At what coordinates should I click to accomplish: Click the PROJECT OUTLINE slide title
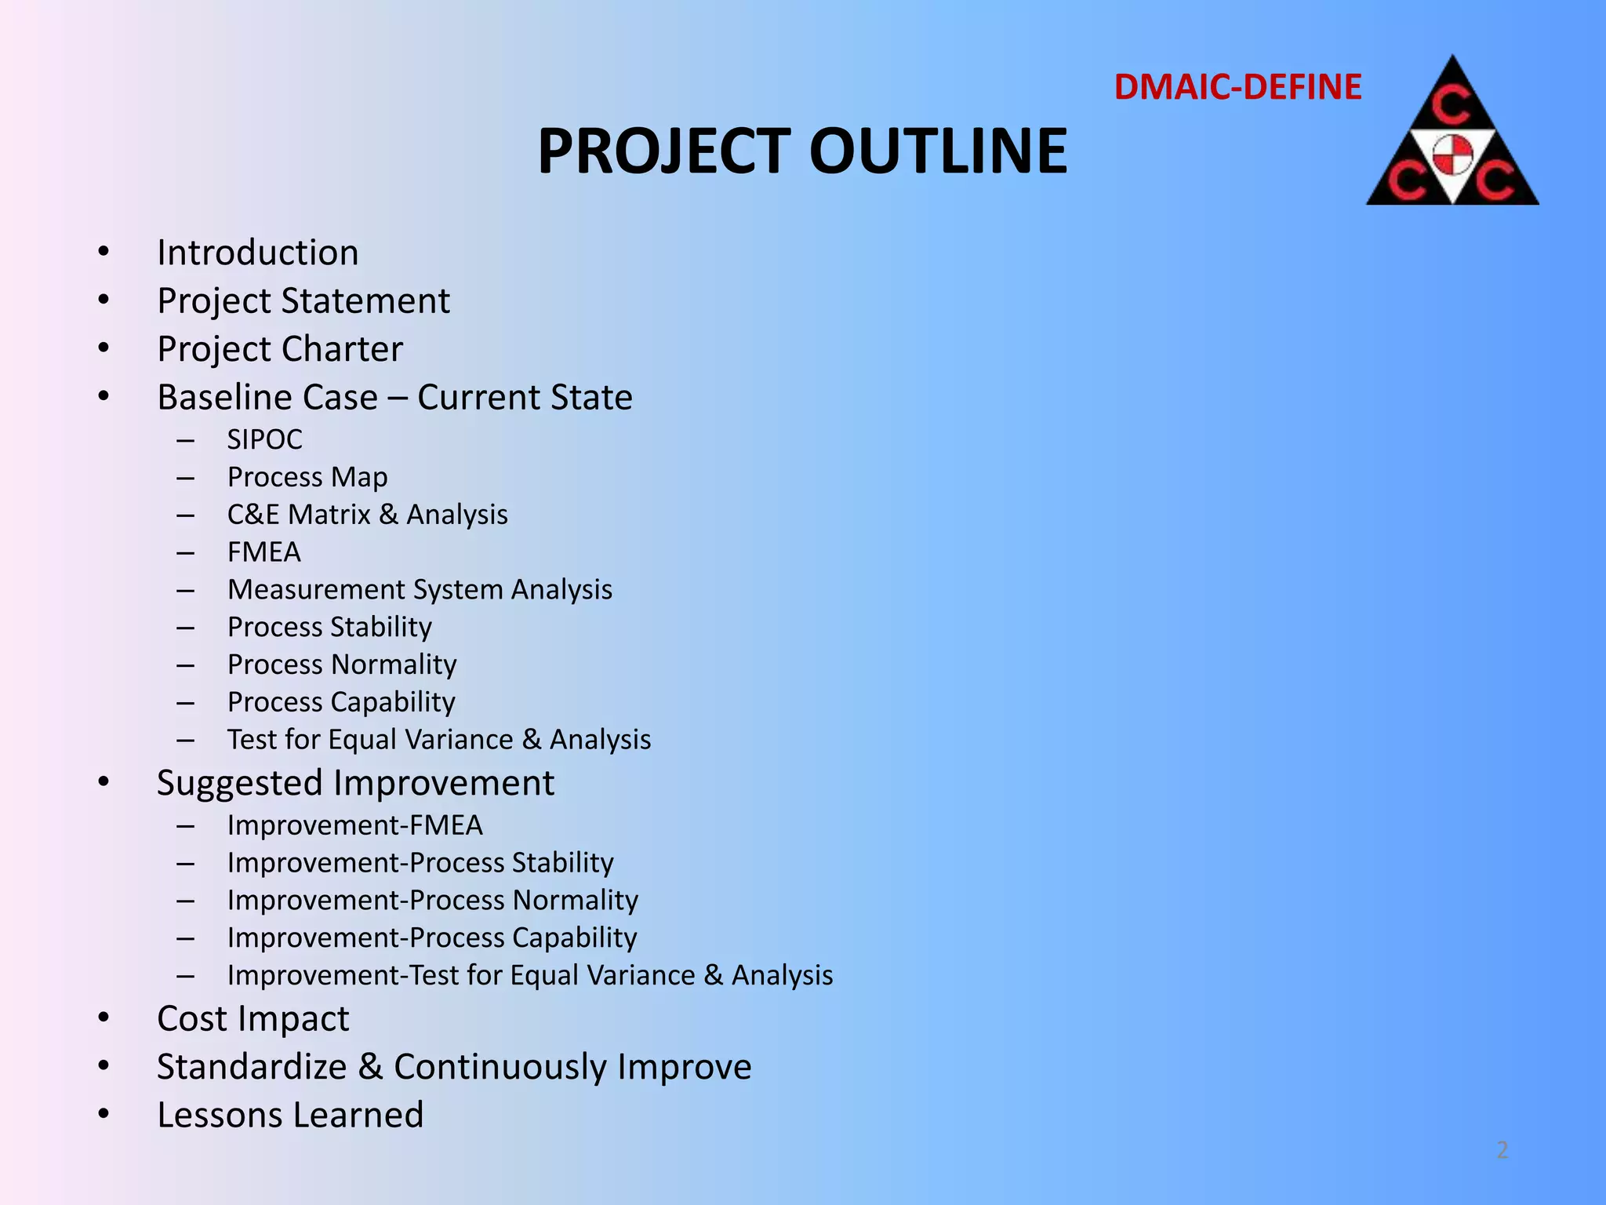point(801,151)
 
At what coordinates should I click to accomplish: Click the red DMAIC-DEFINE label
point(1237,87)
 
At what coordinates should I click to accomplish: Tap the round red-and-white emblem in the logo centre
point(1453,154)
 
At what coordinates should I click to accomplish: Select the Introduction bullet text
point(257,253)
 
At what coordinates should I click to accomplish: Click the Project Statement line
point(303,301)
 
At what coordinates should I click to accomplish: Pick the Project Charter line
point(280,349)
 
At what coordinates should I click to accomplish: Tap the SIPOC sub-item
point(264,439)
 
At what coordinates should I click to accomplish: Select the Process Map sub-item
point(307,477)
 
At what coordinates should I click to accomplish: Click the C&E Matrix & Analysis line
point(367,515)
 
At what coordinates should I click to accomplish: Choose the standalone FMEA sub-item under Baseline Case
point(263,552)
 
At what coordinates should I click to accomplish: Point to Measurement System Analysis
point(420,589)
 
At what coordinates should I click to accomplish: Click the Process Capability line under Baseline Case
point(341,702)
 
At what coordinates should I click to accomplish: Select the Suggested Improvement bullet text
point(355,783)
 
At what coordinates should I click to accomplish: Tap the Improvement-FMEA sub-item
point(354,825)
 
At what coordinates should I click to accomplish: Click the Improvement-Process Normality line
point(432,900)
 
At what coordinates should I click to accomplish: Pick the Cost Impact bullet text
point(253,1019)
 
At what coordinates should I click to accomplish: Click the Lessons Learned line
point(290,1115)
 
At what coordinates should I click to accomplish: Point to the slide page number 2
point(1502,1150)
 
